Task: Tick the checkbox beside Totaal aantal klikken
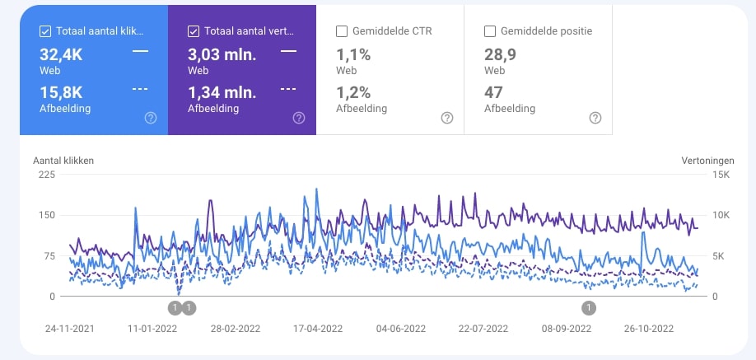[45, 31]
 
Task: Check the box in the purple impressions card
[194, 31]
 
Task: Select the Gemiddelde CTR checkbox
[342, 31]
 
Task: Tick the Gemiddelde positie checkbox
[490, 31]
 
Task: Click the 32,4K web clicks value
[61, 54]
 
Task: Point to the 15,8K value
[61, 91]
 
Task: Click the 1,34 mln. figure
[223, 91]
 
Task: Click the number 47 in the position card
[493, 91]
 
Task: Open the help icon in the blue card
[151, 118]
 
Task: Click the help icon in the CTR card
[447, 118]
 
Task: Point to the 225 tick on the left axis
[45, 175]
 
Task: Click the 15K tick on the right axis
[698, 175]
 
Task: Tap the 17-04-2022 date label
[317, 328]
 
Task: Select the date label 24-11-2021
[70, 328]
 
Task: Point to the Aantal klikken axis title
[63, 160]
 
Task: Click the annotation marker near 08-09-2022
[589, 308]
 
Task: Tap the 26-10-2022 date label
[648, 328]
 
